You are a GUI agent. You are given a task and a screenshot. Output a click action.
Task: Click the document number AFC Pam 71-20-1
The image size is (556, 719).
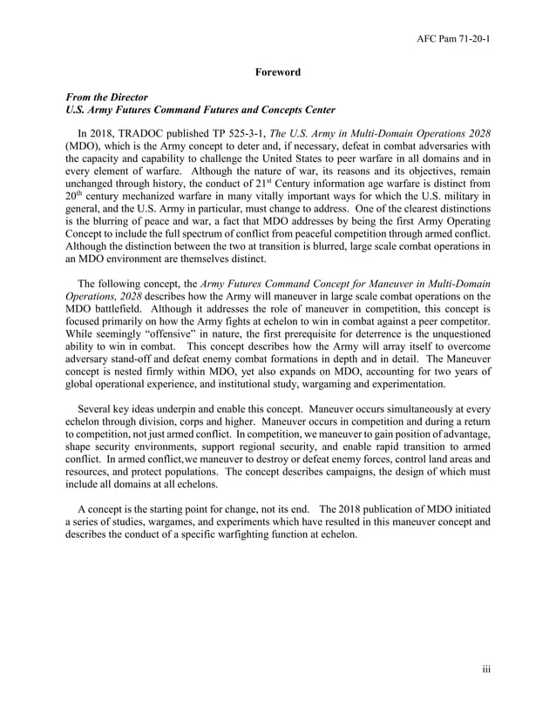pos(452,39)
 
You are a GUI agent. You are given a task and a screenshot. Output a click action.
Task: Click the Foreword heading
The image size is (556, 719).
pos(277,72)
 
